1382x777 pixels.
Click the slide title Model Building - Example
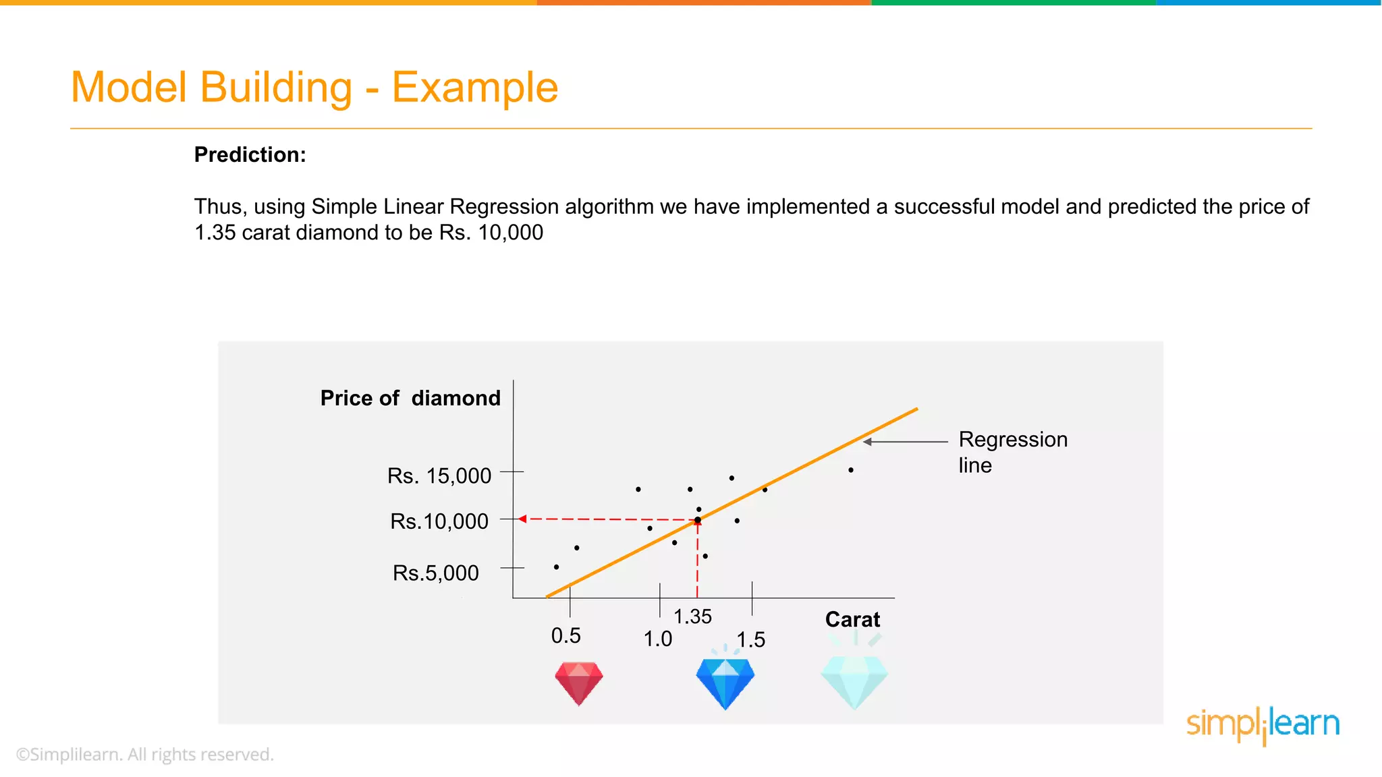(314, 88)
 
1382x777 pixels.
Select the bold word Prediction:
(250, 155)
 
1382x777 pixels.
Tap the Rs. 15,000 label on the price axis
(439, 476)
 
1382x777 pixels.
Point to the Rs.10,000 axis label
(439, 521)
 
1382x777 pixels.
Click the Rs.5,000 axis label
(435, 573)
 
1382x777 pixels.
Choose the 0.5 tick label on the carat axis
(565, 636)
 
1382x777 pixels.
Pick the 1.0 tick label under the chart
(657, 639)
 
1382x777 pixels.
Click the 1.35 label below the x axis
(692, 616)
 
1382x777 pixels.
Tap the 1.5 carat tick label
(750, 640)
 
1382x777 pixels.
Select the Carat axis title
(852, 620)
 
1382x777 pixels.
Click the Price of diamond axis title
(410, 399)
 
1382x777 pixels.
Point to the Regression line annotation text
(1012, 453)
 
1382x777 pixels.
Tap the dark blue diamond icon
(725, 683)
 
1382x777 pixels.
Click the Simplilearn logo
(1263, 725)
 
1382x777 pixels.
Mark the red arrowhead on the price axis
(522, 519)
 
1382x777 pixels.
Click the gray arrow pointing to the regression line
(905, 442)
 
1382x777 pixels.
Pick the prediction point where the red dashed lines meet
(697, 520)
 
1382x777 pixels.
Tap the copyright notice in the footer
(145, 755)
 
